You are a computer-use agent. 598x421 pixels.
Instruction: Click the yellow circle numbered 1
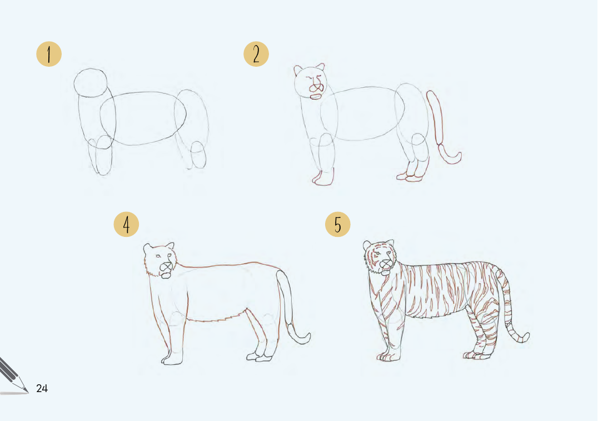tap(49, 54)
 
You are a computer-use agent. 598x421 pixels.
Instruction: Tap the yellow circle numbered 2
tap(256, 54)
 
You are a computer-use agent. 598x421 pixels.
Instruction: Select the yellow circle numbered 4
tap(126, 224)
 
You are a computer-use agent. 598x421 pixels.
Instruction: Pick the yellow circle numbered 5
tap(337, 224)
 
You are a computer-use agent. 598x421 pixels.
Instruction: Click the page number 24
tap(42, 388)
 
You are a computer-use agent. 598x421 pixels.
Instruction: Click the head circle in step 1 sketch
tap(91, 83)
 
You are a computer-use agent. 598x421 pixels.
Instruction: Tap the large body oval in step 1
tap(143, 118)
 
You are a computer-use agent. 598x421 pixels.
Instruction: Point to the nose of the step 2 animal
tap(316, 88)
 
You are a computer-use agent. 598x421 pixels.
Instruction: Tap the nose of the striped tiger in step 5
tap(386, 264)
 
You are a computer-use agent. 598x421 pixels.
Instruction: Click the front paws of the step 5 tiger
tap(388, 356)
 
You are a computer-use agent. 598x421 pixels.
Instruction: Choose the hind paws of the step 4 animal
tap(260, 357)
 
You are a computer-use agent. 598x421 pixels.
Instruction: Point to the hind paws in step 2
tap(410, 176)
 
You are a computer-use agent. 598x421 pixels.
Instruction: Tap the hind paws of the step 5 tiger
tap(477, 355)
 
